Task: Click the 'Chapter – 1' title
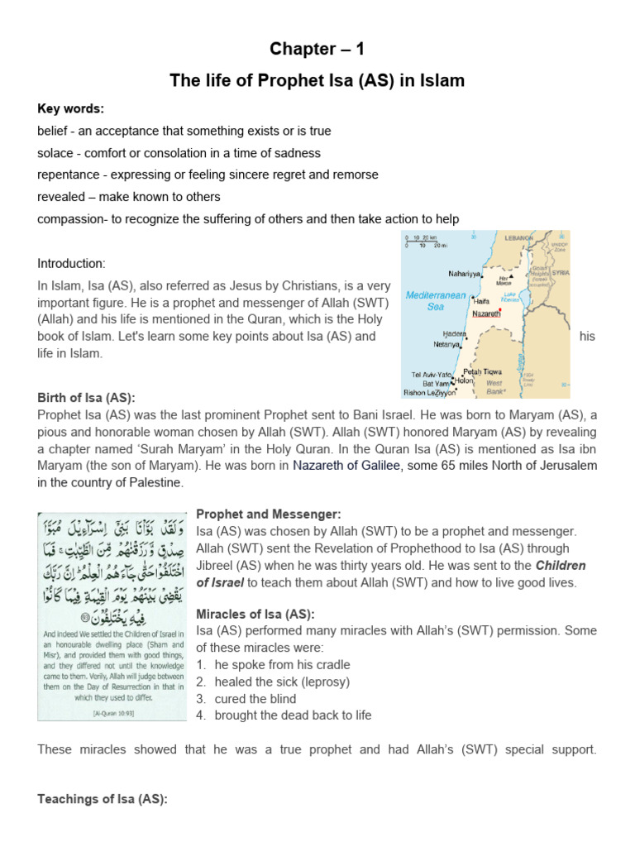(x=317, y=50)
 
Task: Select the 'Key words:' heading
(x=70, y=109)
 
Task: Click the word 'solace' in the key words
(x=55, y=153)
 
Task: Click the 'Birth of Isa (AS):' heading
(x=86, y=397)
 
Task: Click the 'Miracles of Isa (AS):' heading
(x=255, y=613)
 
